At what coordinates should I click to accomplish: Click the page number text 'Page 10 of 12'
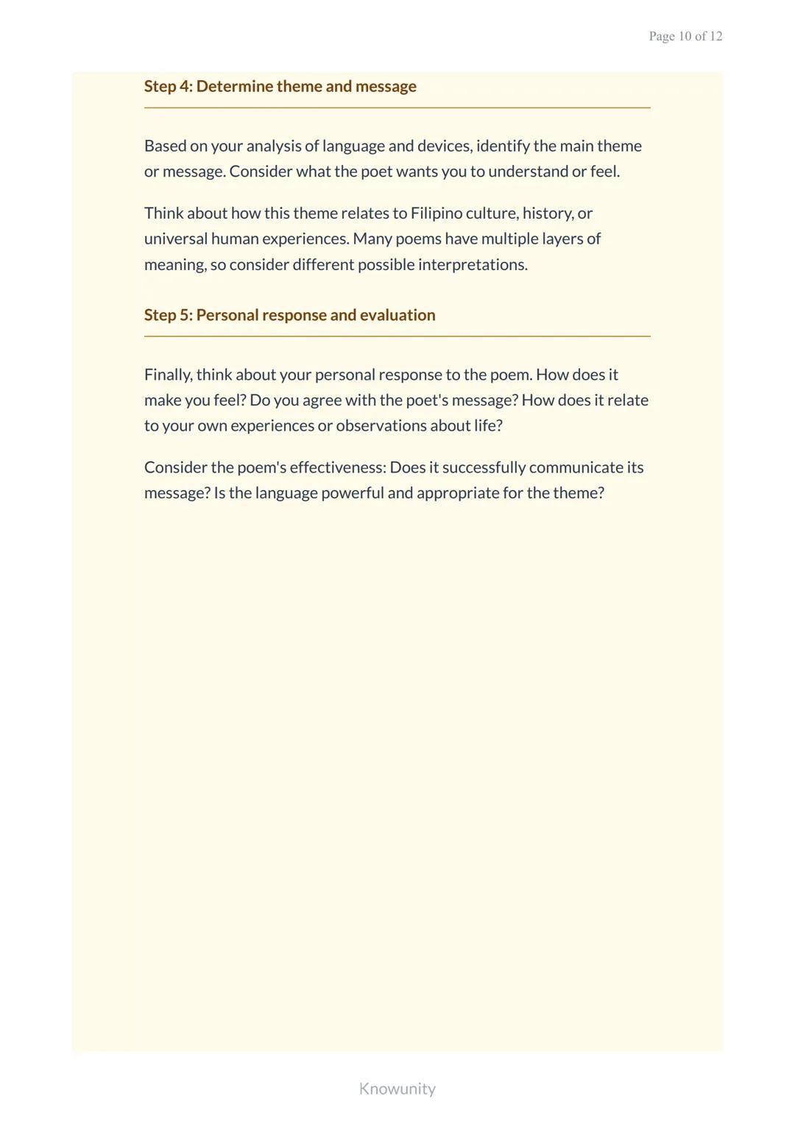point(685,36)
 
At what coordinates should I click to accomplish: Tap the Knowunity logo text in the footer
point(397,1089)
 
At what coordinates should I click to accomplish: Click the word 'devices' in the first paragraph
point(444,146)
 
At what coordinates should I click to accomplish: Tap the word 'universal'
point(175,239)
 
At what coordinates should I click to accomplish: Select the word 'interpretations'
point(473,265)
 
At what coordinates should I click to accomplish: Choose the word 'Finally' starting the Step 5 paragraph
point(168,375)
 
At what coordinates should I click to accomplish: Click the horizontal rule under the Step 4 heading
point(397,108)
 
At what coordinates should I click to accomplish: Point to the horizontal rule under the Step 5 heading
point(397,336)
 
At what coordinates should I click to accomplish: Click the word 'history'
point(547,213)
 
